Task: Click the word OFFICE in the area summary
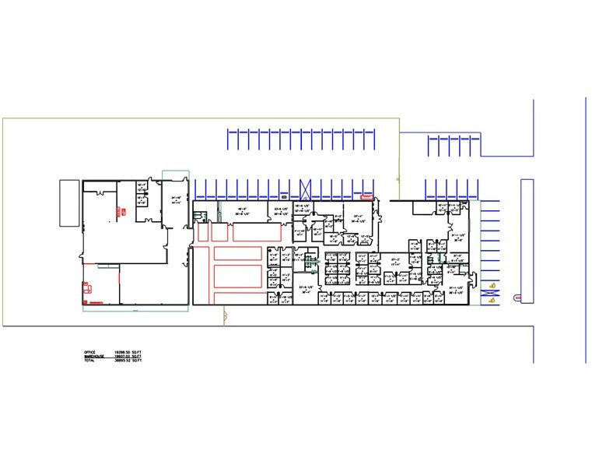click(89, 353)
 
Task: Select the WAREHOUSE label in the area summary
click(93, 358)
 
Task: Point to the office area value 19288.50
click(121, 353)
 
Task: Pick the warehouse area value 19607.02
click(121, 358)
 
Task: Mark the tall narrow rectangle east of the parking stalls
click(527, 240)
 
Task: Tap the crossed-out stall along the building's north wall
click(306, 188)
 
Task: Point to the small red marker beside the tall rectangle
click(517, 296)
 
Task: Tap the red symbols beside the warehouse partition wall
click(122, 209)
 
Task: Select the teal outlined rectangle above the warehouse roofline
click(175, 174)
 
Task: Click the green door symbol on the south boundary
click(225, 315)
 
